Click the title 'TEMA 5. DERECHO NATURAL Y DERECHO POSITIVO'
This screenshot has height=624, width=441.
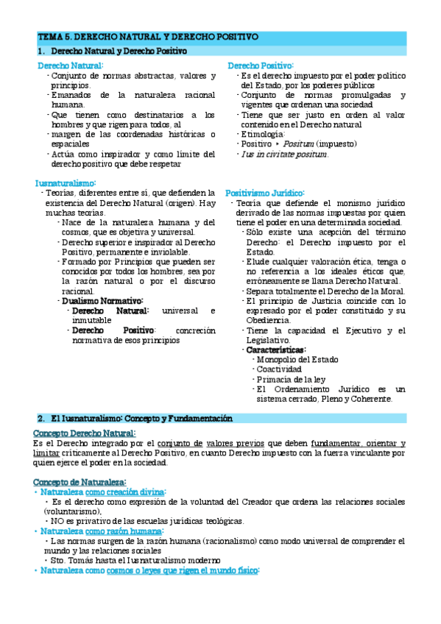point(147,36)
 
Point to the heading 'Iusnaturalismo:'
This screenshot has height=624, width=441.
point(66,183)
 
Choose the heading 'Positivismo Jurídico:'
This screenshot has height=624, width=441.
point(264,193)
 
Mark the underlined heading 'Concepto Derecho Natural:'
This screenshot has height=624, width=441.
point(85,433)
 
